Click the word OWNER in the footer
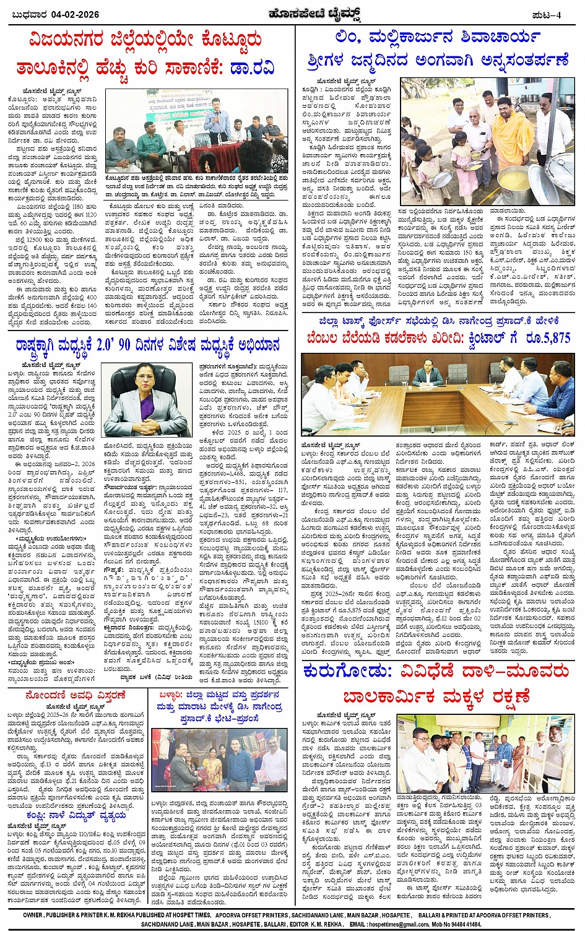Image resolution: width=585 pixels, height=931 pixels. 32,915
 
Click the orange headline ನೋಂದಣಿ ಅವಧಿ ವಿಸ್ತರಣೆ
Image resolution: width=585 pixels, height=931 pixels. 76,696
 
